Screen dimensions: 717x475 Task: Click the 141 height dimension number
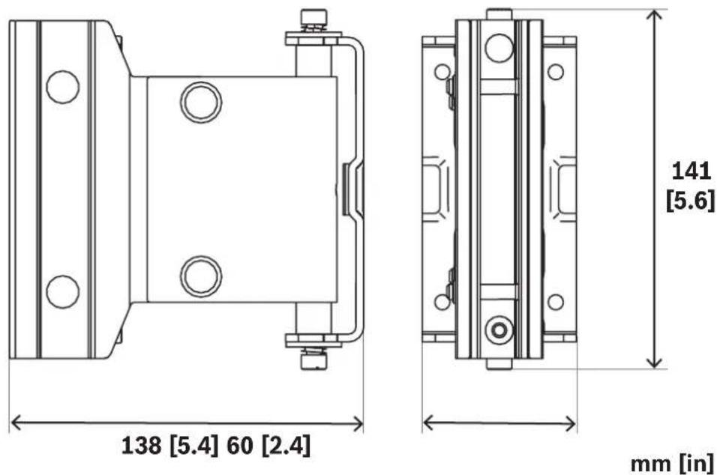tap(691, 172)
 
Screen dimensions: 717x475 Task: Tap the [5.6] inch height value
tap(690, 200)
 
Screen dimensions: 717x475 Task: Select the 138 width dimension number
tap(141, 444)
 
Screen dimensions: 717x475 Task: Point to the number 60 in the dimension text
tap(239, 444)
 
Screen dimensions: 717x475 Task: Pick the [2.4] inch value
tap(286, 445)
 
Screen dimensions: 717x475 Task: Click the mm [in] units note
tap(672, 464)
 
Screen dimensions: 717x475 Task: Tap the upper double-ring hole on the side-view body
tap(201, 103)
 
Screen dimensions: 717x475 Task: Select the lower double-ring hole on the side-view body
tap(201, 276)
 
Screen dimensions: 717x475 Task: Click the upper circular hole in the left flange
tap(63, 87)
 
